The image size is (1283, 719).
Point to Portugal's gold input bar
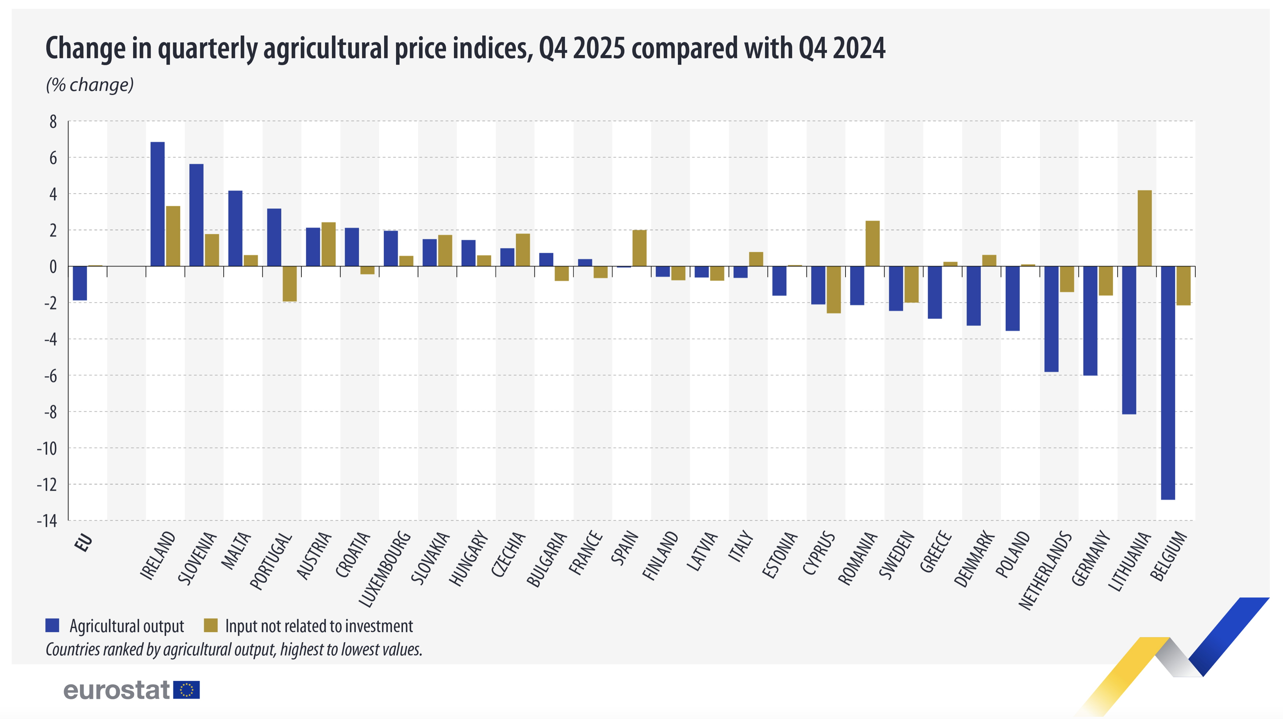[x=289, y=284]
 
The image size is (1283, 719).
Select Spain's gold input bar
[x=640, y=248]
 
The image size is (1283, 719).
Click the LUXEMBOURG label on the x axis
[x=385, y=569]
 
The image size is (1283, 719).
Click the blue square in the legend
[x=52, y=625]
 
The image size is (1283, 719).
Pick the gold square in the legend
[x=211, y=625]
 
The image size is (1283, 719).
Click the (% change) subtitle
[x=90, y=85]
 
